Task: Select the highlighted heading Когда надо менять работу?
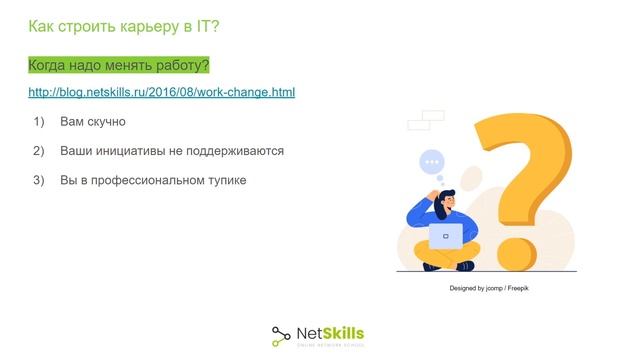coord(118,66)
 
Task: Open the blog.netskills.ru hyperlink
coord(161,93)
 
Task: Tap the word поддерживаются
coord(236,151)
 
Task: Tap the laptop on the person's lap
coord(446,236)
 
